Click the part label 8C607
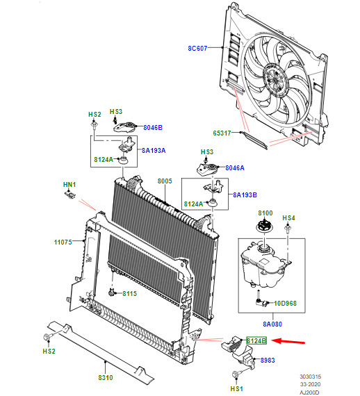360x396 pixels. [197, 48]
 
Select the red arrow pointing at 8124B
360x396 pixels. [288, 341]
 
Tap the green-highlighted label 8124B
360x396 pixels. [256, 341]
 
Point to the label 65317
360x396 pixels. [222, 133]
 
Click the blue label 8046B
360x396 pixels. [153, 128]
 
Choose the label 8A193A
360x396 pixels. [154, 151]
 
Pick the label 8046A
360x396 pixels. [235, 168]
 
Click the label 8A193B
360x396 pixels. [245, 195]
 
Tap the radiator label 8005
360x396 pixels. [165, 181]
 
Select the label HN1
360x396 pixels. [69, 185]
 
